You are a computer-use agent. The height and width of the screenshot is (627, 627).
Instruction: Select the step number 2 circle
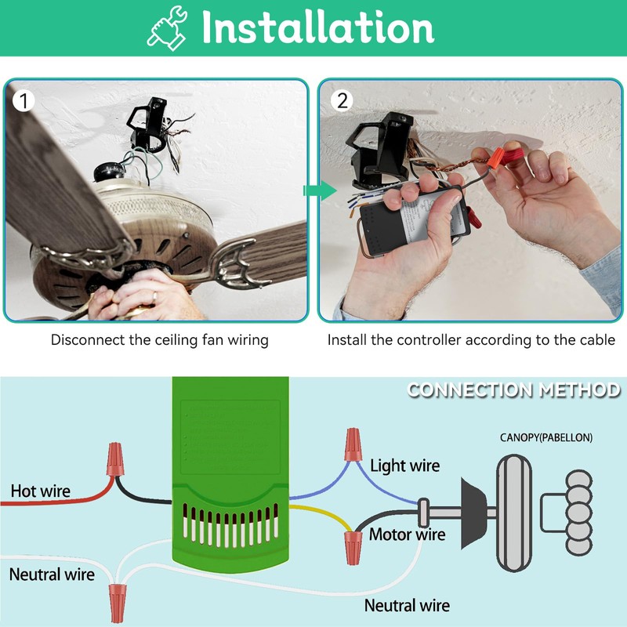pos(342,100)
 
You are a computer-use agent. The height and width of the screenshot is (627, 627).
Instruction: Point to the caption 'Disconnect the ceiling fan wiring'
pos(160,340)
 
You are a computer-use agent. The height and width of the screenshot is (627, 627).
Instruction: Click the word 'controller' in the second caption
pos(429,340)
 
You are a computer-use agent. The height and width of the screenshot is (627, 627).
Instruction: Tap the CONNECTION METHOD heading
pos(513,390)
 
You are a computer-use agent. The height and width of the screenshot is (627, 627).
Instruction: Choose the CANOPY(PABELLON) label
pos(546,437)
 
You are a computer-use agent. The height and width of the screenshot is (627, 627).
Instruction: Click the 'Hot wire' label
pos(40,491)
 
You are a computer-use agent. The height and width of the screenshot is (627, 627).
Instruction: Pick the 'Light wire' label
pos(404,466)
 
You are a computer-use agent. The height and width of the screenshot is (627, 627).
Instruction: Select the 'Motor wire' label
pos(407,535)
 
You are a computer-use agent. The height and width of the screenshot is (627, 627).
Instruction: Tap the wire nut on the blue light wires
pos(352,444)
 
